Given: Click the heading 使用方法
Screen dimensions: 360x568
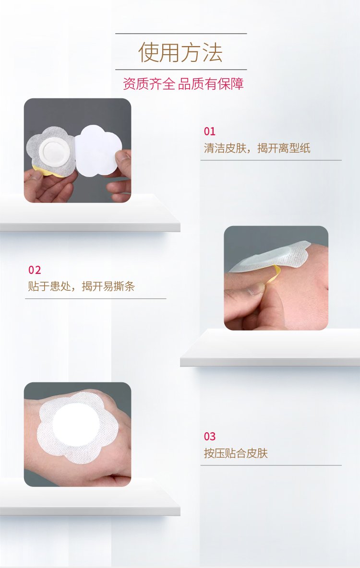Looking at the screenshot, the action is click(x=180, y=52).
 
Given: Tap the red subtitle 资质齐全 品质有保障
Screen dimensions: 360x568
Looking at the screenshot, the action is click(x=183, y=83).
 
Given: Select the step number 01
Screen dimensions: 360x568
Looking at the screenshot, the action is click(x=210, y=131).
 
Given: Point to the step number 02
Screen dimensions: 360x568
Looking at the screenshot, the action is click(x=35, y=270).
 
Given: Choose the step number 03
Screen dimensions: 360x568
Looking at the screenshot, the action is click(x=210, y=437).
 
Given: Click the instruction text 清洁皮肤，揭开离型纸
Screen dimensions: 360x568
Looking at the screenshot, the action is click(x=257, y=148).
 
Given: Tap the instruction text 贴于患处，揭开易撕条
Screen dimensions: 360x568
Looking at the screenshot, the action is click(x=82, y=286).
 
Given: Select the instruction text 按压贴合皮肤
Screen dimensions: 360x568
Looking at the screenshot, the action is click(x=236, y=453).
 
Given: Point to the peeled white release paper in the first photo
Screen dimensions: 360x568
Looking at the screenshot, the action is click(x=98, y=150).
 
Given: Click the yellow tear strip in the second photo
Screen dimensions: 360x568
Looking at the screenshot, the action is click(x=276, y=272).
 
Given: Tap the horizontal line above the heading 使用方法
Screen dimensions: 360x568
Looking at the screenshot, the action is click(x=181, y=34).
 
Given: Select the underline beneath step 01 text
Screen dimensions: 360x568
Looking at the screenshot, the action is click(x=271, y=160).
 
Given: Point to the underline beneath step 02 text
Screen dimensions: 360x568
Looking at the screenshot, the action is click(x=96, y=298).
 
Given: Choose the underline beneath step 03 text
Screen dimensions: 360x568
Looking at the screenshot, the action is click(x=271, y=465).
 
